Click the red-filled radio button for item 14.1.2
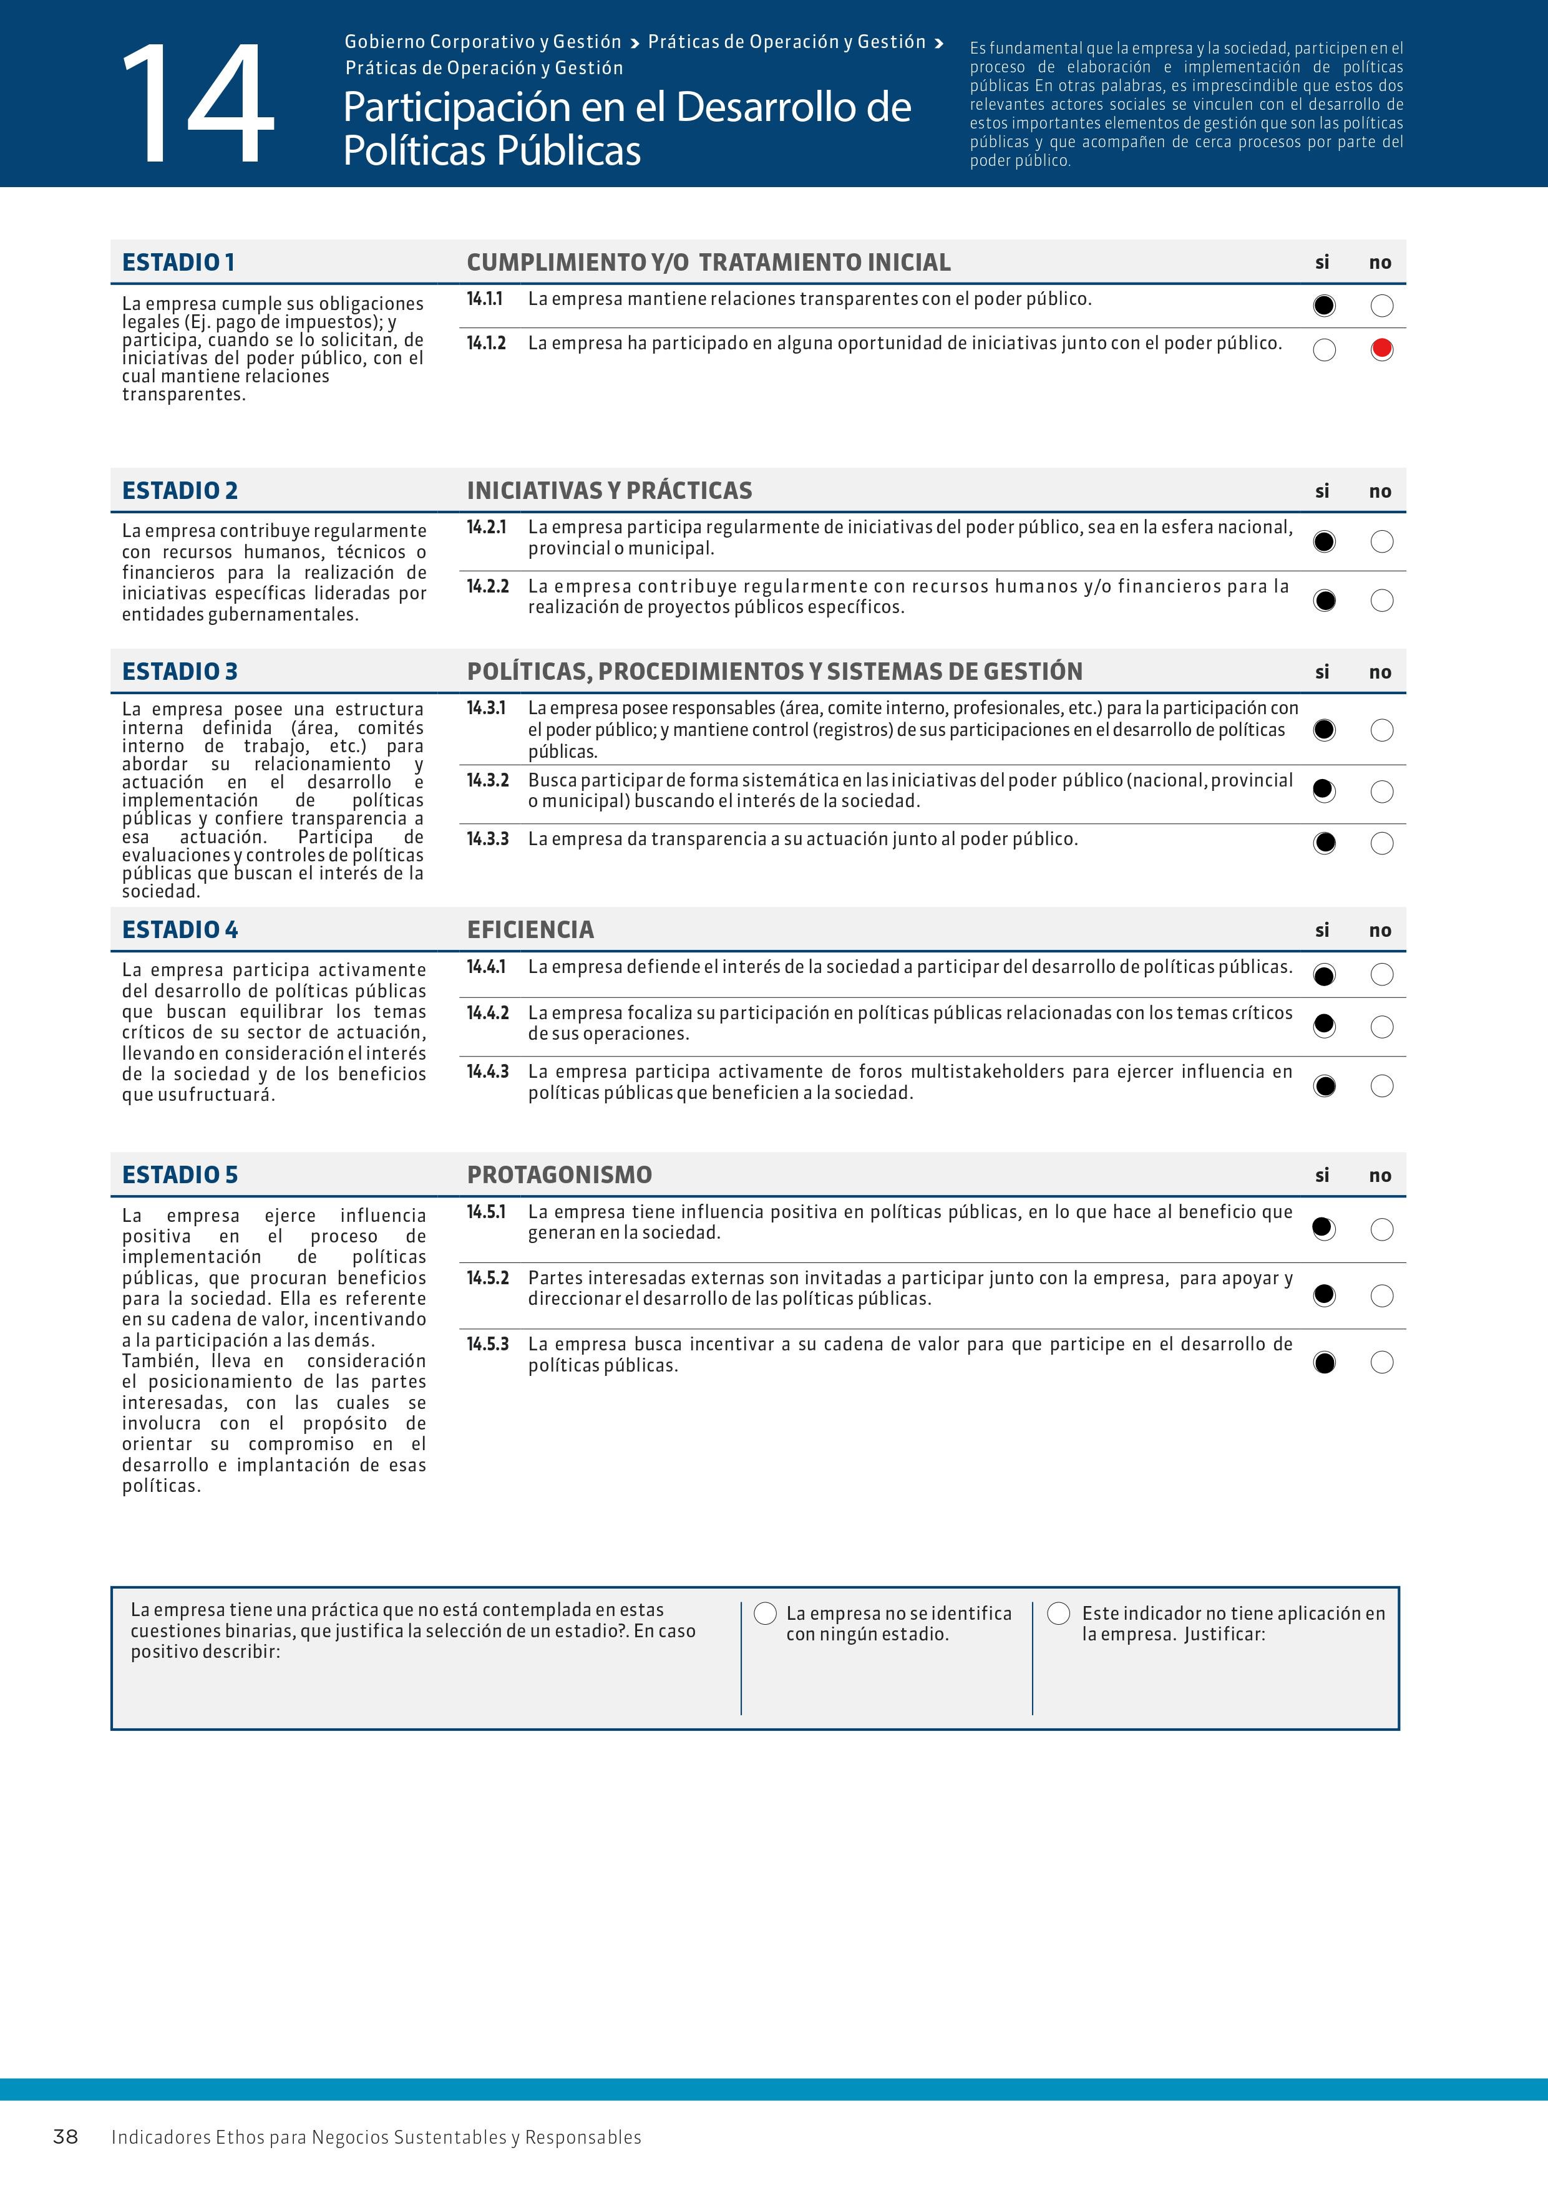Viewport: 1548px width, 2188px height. pyautogui.click(x=1381, y=350)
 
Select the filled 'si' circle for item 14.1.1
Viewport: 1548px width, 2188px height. pyautogui.click(x=1324, y=306)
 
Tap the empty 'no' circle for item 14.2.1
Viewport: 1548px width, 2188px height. pyautogui.click(x=1381, y=542)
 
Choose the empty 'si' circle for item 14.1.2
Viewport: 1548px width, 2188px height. pyautogui.click(x=1324, y=350)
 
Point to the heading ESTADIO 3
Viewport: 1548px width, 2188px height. pyautogui.click(x=179, y=672)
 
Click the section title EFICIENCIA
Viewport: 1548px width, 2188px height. pyautogui.click(x=530, y=930)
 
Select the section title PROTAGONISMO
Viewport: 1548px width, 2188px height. pyautogui.click(x=560, y=1175)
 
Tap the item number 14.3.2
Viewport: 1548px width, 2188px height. pyautogui.click(x=487, y=780)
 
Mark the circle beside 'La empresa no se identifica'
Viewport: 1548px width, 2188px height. pyautogui.click(x=764, y=1614)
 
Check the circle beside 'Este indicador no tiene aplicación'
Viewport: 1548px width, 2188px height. pyautogui.click(x=1058, y=1614)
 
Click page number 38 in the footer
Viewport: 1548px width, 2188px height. pyautogui.click(x=65, y=2136)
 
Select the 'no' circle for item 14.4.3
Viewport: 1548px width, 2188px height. pyautogui.click(x=1381, y=1087)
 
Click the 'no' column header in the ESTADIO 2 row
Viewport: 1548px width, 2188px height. pyautogui.click(x=1380, y=491)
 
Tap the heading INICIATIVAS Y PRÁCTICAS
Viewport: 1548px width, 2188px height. pyautogui.click(x=609, y=491)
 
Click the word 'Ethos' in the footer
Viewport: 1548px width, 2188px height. pyautogui.click(x=239, y=2137)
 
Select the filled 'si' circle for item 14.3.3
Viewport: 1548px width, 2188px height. pyautogui.click(x=1324, y=843)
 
